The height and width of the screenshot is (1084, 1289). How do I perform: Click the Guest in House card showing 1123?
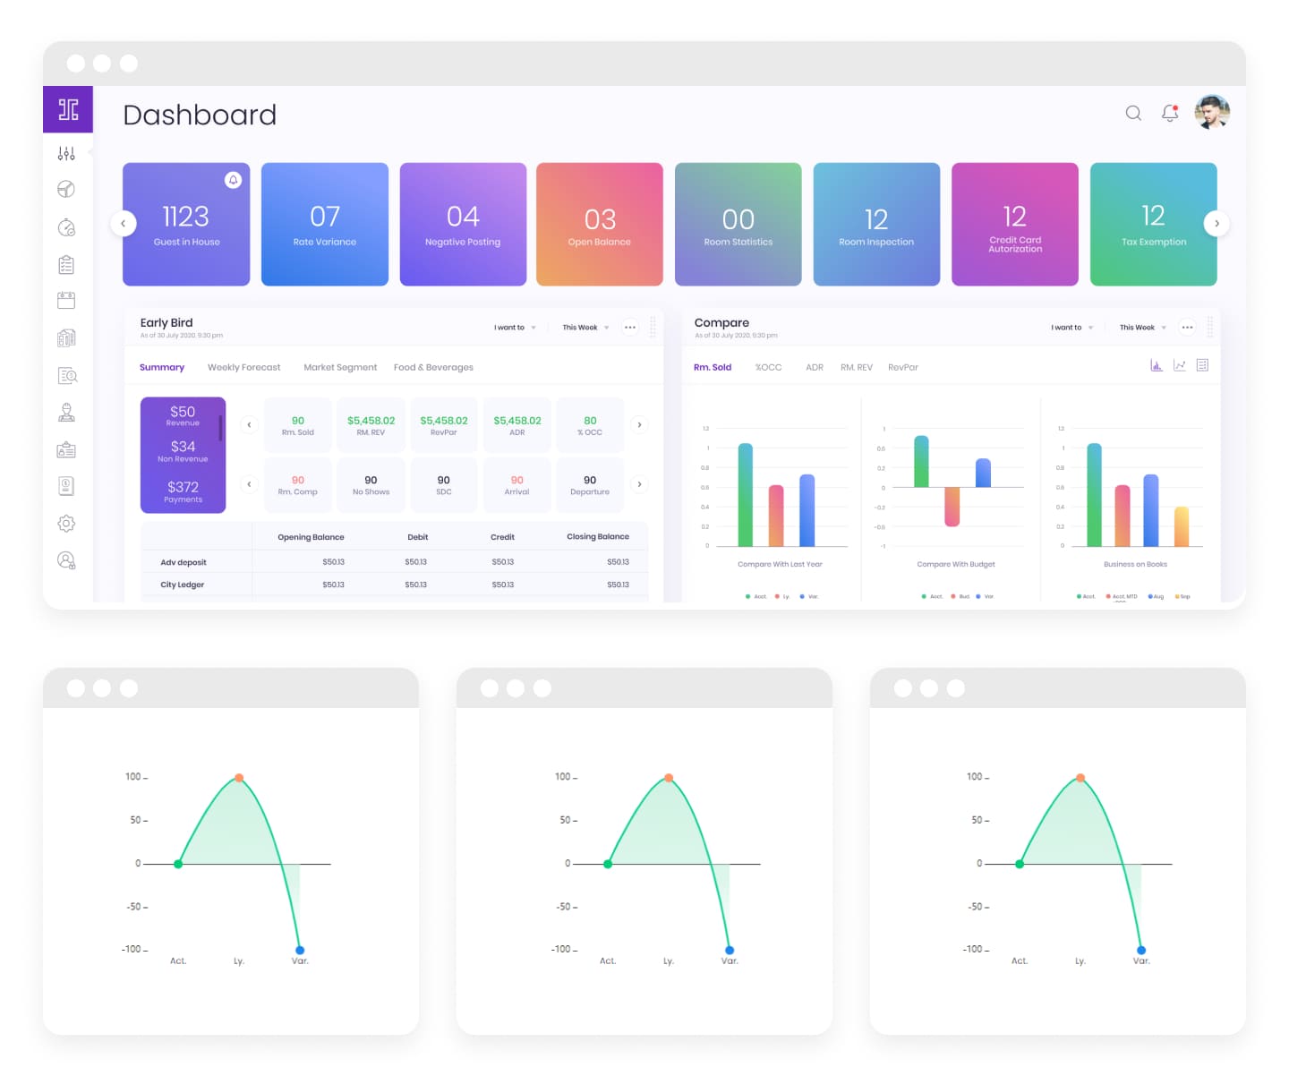[x=186, y=224]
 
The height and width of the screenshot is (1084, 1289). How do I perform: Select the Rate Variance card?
[x=324, y=224]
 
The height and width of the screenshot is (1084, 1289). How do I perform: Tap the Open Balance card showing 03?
[x=600, y=224]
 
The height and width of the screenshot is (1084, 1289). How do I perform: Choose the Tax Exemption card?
[x=1153, y=224]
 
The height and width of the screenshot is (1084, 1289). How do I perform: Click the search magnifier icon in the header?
[x=1133, y=113]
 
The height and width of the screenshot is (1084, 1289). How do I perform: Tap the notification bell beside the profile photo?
[x=1170, y=113]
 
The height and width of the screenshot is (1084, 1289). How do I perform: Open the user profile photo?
[x=1212, y=113]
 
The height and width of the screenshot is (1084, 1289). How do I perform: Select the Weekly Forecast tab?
[x=243, y=367]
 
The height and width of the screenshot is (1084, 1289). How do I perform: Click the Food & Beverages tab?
[x=433, y=367]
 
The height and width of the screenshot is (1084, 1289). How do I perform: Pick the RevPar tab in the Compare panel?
[x=902, y=367]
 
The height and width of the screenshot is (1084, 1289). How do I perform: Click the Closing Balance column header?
[x=597, y=537]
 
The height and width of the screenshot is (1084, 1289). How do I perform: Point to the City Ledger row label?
[x=183, y=585]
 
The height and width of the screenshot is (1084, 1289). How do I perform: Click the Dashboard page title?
[x=200, y=115]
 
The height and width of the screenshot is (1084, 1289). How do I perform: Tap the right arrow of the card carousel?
[x=1216, y=224]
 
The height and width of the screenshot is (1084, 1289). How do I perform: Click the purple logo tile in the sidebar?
[x=68, y=109]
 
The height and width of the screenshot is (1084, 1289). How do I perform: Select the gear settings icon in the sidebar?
[x=66, y=524]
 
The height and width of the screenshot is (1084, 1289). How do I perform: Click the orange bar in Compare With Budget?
[x=952, y=506]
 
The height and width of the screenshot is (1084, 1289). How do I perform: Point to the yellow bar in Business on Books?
[x=1182, y=526]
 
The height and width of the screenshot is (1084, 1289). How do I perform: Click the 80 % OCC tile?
[x=590, y=425]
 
